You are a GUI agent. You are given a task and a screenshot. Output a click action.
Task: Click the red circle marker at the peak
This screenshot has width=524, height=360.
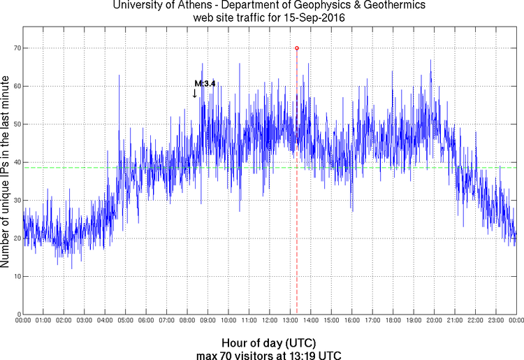[x=297, y=48]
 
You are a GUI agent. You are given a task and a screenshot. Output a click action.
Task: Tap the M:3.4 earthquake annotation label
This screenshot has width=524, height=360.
[x=205, y=83]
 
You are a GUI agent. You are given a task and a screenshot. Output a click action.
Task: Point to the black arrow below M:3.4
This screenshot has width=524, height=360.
[x=194, y=93]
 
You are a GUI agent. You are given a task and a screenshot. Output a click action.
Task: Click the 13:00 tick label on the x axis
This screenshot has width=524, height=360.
[x=290, y=321]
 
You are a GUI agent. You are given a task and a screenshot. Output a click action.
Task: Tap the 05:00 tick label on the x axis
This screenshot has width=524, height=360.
[x=125, y=321]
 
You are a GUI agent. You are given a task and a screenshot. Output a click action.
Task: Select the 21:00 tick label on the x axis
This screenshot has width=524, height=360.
[x=454, y=321]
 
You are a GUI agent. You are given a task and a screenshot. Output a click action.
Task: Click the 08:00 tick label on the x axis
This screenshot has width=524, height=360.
[x=187, y=321]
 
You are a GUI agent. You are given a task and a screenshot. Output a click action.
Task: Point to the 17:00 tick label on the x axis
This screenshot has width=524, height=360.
[x=372, y=321]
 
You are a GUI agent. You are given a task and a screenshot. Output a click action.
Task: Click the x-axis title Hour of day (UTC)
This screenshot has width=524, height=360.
[x=269, y=343]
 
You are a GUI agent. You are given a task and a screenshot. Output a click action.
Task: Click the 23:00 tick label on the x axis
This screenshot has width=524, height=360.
[x=495, y=321]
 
